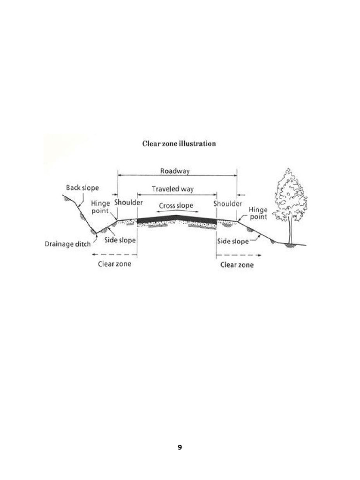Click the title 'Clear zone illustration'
coord(179,143)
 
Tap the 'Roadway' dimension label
coord(175,171)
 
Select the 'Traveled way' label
coord(172,189)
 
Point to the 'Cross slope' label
coord(176,205)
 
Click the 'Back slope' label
coord(82,187)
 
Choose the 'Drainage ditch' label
coord(67,244)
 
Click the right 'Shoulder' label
coord(228,204)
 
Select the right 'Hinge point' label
coord(258,213)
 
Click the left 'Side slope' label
coord(120,240)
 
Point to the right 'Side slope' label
coord(233,241)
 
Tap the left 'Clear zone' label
coord(114,264)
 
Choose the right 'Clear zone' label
coord(237,265)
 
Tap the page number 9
coord(180,448)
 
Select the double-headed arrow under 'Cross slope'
coord(176,211)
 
